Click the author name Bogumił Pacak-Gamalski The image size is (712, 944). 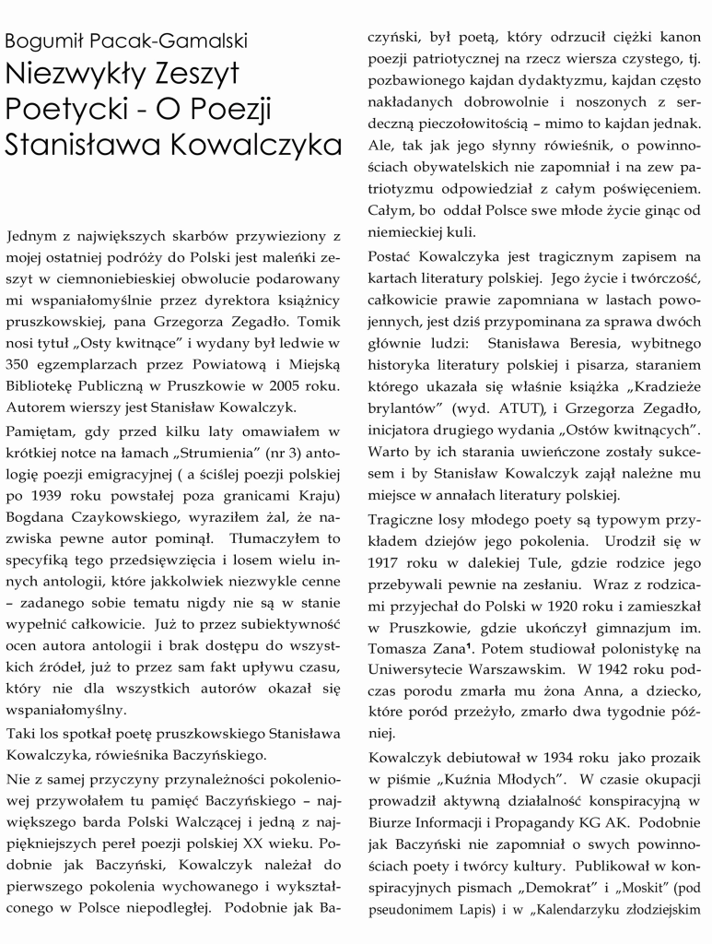pos(126,42)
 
